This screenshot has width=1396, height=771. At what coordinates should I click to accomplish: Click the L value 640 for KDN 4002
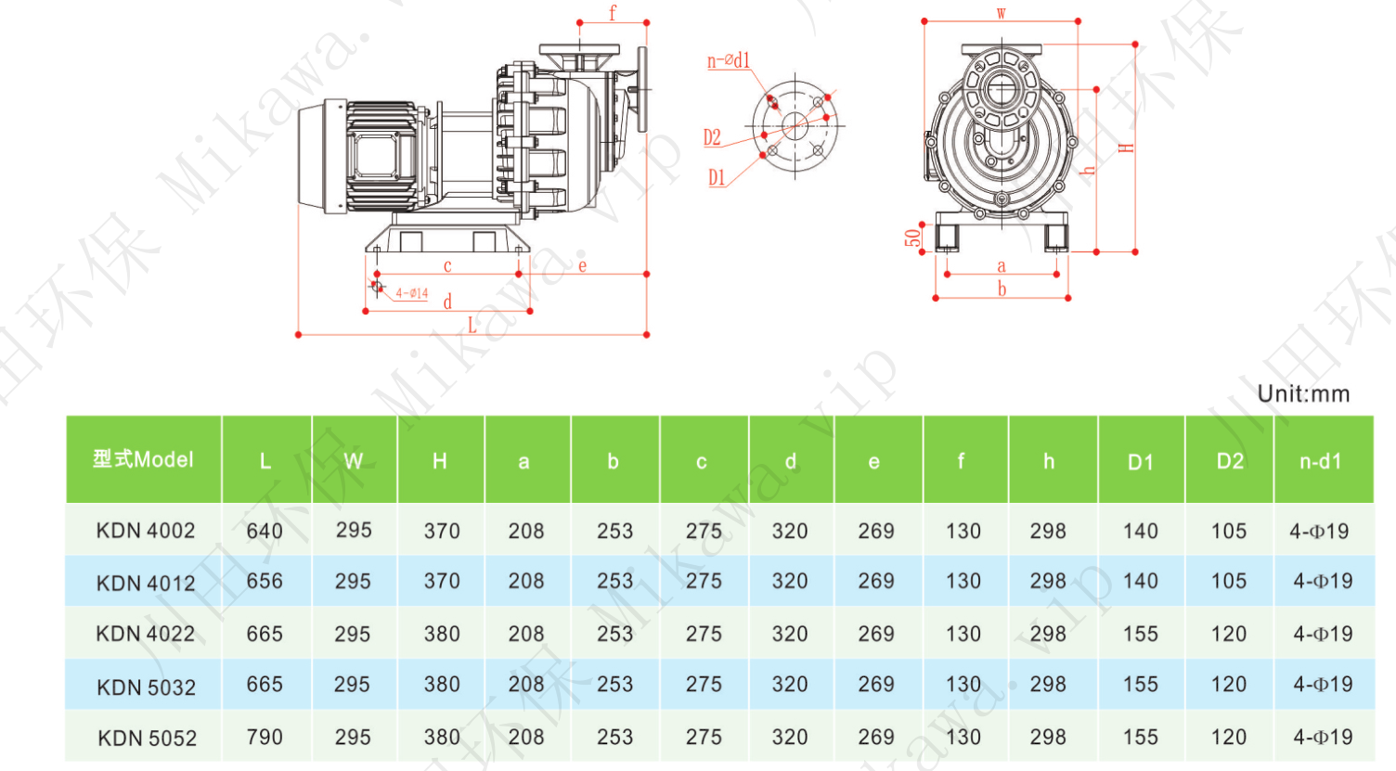click(265, 531)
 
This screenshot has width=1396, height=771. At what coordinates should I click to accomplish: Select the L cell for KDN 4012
click(265, 582)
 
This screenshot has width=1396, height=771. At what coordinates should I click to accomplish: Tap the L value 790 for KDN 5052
click(265, 738)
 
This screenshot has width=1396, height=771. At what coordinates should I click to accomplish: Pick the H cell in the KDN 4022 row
click(442, 635)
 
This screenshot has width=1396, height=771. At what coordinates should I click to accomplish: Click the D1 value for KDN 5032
click(1140, 685)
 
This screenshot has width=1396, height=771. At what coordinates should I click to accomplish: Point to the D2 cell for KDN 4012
click(1229, 582)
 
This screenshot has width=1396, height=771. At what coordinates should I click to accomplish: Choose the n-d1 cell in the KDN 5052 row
click(1323, 738)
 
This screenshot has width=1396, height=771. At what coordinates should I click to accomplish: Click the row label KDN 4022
click(146, 635)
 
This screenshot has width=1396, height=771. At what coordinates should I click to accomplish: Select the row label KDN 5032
click(146, 687)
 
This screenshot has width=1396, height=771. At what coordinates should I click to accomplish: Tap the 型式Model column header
click(143, 459)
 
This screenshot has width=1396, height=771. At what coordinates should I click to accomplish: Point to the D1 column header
click(1140, 461)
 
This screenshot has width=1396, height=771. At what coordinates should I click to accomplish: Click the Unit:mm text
click(1303, 393)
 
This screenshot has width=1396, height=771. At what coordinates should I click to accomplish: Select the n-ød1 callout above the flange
click(729, 61)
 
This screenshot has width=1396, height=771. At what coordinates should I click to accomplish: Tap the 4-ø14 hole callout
click(411, 293)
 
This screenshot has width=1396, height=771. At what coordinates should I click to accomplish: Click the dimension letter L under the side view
click(472, 325)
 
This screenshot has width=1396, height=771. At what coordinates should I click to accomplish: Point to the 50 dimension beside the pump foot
click(913, 238)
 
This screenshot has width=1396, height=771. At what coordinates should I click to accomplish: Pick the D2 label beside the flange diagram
click(712, 138)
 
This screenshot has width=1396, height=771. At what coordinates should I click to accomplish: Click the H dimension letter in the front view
click(1126, 148)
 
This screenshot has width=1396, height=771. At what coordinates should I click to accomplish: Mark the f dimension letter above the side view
click(613, 13)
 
